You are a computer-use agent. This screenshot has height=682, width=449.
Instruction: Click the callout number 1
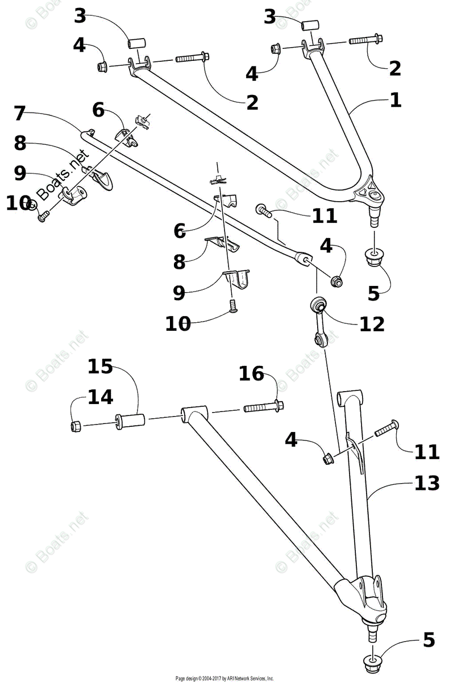(x=396, y=101)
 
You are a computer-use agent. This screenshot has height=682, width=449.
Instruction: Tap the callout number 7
(x=20, y=113)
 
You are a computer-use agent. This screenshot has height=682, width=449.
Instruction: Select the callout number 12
(x=372, y=323)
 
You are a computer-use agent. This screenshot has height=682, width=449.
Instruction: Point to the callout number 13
(x=427, y=483)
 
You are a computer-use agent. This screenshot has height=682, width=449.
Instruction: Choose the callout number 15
(x=100, y=367)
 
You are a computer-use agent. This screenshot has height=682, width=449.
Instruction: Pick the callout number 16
(x=252, y=373)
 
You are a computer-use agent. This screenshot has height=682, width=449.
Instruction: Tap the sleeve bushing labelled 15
(x=131, y=423)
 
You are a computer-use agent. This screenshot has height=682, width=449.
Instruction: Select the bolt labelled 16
(x=264, y=407)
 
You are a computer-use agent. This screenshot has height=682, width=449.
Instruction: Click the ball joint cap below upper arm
(x=373, y=257)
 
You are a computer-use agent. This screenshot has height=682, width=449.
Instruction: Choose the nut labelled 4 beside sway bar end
(x=337, y=280)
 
